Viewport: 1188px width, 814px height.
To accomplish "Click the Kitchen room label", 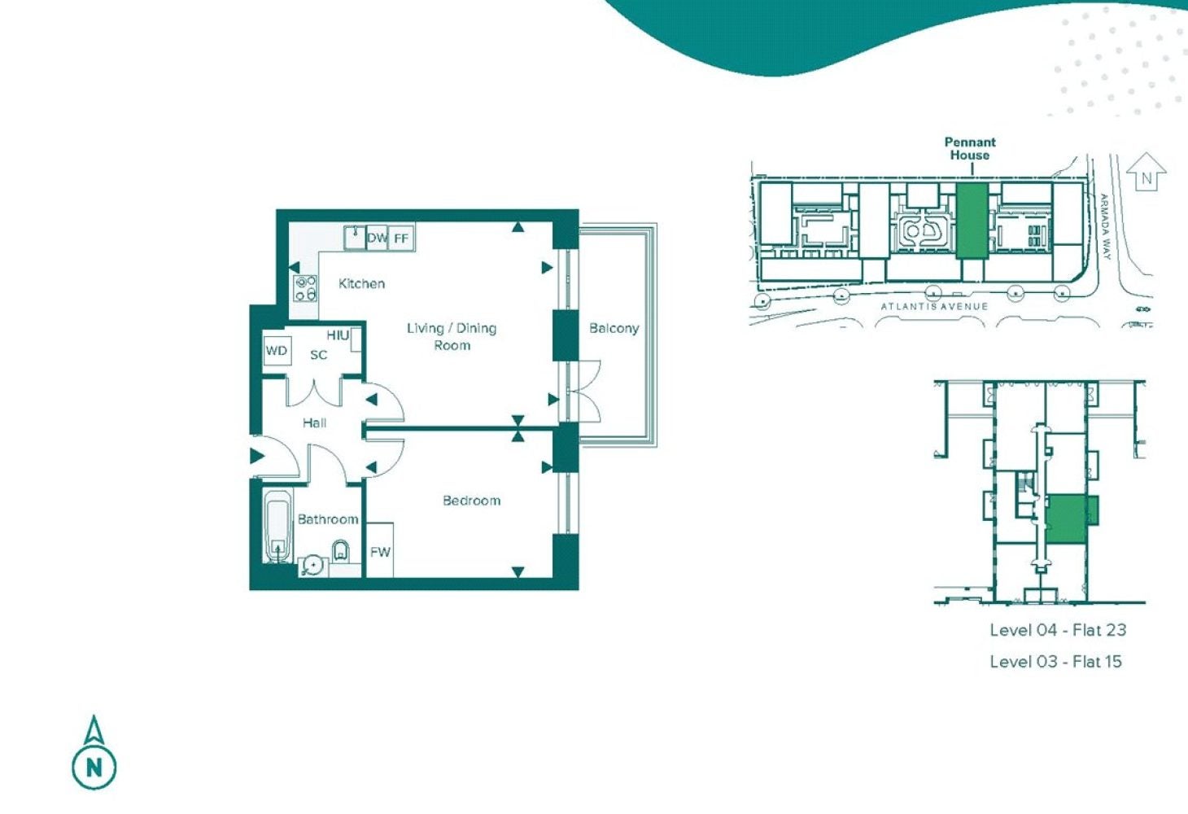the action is pos(362,283).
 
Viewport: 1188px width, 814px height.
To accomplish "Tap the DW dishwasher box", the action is pos(377,237).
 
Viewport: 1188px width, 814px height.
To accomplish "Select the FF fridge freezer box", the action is pos(401,237).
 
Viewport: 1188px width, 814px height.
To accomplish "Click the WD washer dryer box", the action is pos(277,351).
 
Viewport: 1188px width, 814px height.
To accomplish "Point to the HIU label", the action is pos(338,335).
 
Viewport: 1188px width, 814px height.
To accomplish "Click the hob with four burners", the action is pos(305,288).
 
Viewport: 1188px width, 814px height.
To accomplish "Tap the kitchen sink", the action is pos(355,237).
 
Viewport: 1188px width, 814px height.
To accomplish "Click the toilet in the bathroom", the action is pos(340,551).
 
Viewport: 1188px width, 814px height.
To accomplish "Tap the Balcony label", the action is pos(614,329).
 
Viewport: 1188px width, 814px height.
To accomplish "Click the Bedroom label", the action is pos(471,501).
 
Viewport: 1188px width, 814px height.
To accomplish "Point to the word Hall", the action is pos(315,423).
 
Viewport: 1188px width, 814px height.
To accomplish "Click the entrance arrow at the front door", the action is pos(257,456).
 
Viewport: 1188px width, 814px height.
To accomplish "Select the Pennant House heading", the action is pos(970,149).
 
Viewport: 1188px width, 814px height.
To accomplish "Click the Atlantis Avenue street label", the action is pos(934,306).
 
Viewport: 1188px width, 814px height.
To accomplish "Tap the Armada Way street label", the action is pos(1105,227).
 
